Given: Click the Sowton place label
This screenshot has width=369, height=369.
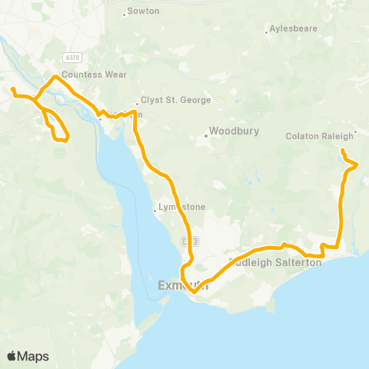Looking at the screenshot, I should click(145, 12).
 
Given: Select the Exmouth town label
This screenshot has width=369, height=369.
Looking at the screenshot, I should click(178, 285).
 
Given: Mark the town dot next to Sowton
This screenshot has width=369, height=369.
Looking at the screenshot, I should click(125, 14).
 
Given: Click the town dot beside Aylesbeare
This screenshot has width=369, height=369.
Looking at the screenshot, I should click(266, 32).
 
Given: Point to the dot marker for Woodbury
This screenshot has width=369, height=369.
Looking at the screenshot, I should click(206, 137).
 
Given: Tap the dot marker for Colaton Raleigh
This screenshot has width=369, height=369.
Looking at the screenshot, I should click(355, 131).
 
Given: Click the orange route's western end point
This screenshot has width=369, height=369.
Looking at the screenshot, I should click(13, 91).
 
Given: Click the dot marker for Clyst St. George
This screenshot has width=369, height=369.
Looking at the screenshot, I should click(137, 102).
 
